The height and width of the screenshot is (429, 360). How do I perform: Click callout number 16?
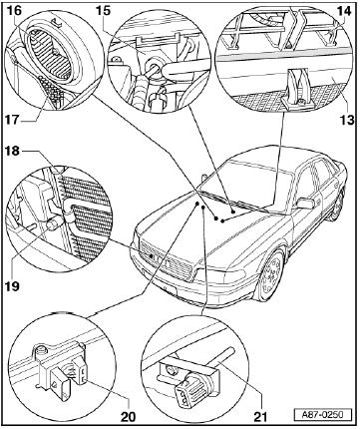click(14, 11)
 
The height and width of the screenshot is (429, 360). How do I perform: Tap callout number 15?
click(103, 10)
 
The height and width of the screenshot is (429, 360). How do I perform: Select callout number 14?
click(344, 11)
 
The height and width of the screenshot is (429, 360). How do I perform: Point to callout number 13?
click(347, 120)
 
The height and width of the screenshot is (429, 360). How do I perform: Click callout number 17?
click(12, 120)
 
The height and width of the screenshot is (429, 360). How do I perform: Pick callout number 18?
click(12, 152)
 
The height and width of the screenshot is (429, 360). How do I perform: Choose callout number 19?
click(12, 285)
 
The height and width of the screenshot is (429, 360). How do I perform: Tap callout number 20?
click(128, 416)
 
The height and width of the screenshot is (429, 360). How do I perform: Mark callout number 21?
click(260, 416)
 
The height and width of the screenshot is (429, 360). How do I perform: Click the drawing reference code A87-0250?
click(322, 415)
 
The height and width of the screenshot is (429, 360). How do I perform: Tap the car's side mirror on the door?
click(306, 204)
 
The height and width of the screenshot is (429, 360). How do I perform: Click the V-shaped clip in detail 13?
click(296, 88)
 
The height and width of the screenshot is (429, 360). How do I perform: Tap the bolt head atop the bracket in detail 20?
click(40, 348)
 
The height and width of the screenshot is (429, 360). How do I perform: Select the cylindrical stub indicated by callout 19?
click(54, 223)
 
